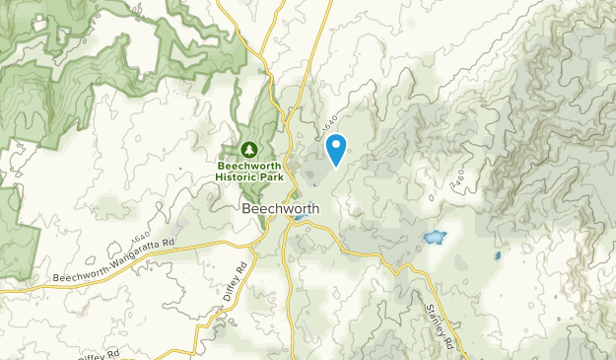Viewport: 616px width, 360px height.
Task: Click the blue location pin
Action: [x=336, y=149]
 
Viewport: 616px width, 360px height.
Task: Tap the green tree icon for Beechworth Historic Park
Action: [x=249, y=149]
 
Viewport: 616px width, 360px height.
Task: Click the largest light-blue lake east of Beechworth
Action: [x=434, y=238]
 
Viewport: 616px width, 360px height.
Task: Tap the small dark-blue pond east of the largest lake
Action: [x=498, y=256]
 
